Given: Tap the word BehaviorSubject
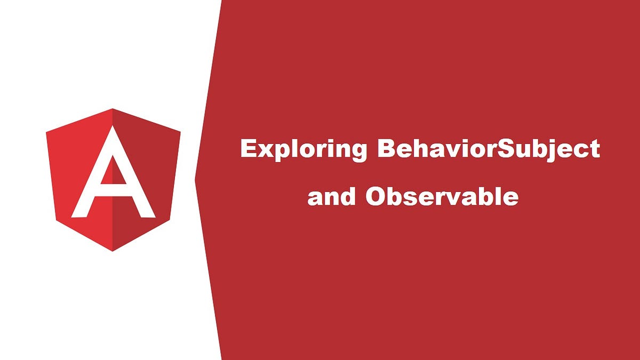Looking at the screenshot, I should (488, 149).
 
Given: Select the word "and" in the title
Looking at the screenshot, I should (331, 197).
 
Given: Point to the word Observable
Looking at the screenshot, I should (442, 197).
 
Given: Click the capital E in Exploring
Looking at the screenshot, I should (249, 149).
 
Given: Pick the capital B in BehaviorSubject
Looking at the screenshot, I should (386, 149).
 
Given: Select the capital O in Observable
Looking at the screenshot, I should (377, 197).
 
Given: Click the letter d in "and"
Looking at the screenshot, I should (348, 197).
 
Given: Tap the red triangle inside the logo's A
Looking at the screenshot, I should (113, 172).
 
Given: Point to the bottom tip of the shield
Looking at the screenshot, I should (113, 250).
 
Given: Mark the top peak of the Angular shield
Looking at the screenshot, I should (113, 110).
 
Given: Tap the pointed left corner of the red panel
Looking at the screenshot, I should (196, 180).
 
